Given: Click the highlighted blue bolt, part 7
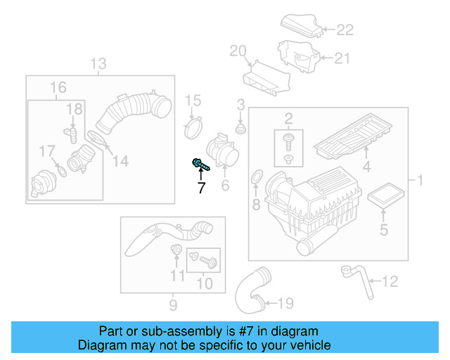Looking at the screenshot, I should click(200, 165).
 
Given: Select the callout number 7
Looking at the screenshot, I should click(201, 187).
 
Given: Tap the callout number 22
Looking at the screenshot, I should click(344, 30).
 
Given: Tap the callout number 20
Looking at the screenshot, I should click(238, 50).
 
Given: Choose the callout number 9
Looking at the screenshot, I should click(173, 304).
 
